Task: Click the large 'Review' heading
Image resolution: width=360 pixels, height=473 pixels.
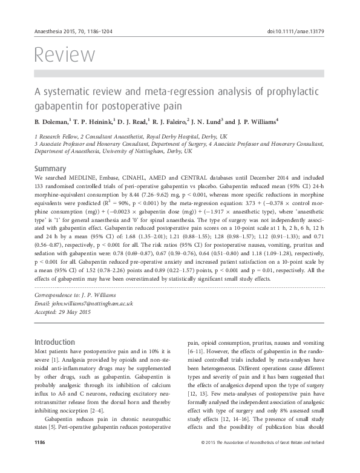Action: coord(65,55)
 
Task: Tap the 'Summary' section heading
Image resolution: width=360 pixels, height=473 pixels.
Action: coord(50,167)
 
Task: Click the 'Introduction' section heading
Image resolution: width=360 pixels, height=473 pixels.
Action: coord(54,342)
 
